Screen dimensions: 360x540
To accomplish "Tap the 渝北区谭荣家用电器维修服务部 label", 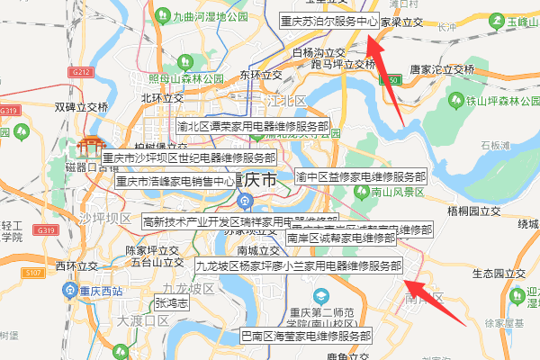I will [x=253, y=127].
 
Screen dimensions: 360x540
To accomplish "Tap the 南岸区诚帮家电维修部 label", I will [x=340, y=238].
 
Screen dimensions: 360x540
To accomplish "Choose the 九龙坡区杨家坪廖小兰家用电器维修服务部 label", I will [x=298, y=266].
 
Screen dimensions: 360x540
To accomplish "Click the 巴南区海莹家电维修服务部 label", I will [x=305, y=336].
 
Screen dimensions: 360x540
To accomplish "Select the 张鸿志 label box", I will [x=171, y=304].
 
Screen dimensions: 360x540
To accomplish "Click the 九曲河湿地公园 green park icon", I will [x=162, y=15].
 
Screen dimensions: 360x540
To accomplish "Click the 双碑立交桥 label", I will [x=82, y=106].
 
